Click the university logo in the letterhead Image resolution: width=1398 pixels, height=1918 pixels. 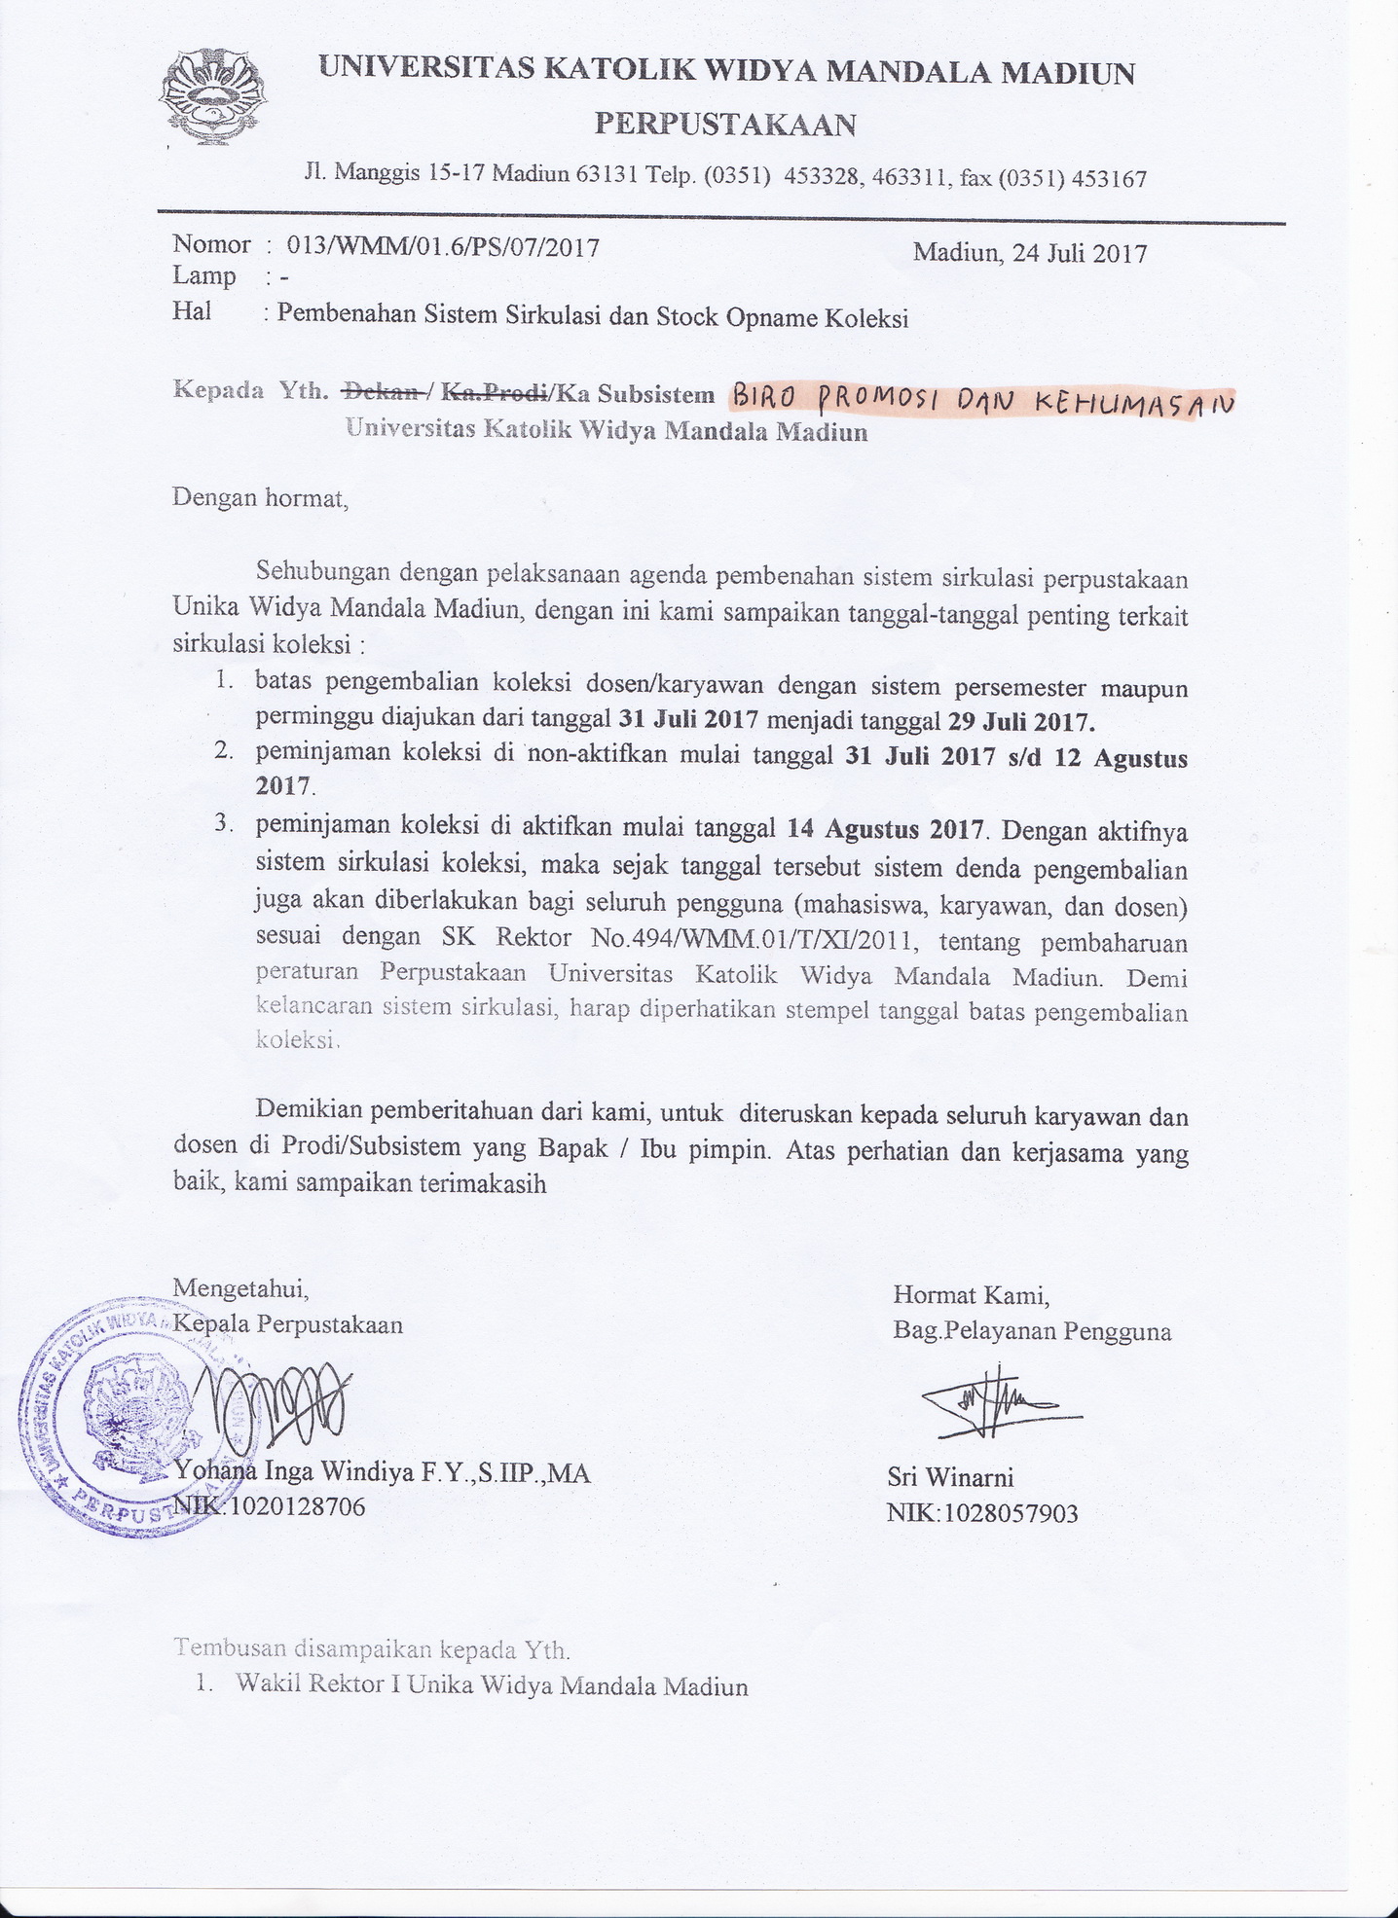(211, 97)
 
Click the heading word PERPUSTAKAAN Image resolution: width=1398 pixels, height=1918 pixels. (725, 125)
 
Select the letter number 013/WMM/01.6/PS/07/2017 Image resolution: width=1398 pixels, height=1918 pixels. (437, 246)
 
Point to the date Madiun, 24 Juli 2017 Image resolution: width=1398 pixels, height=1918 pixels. (1029, 253)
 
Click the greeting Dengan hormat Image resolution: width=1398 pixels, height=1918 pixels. (259, 498)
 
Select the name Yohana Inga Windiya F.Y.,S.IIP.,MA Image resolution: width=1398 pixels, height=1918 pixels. (382, 1471)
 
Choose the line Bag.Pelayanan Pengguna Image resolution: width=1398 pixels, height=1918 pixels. (1032, 1330)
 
